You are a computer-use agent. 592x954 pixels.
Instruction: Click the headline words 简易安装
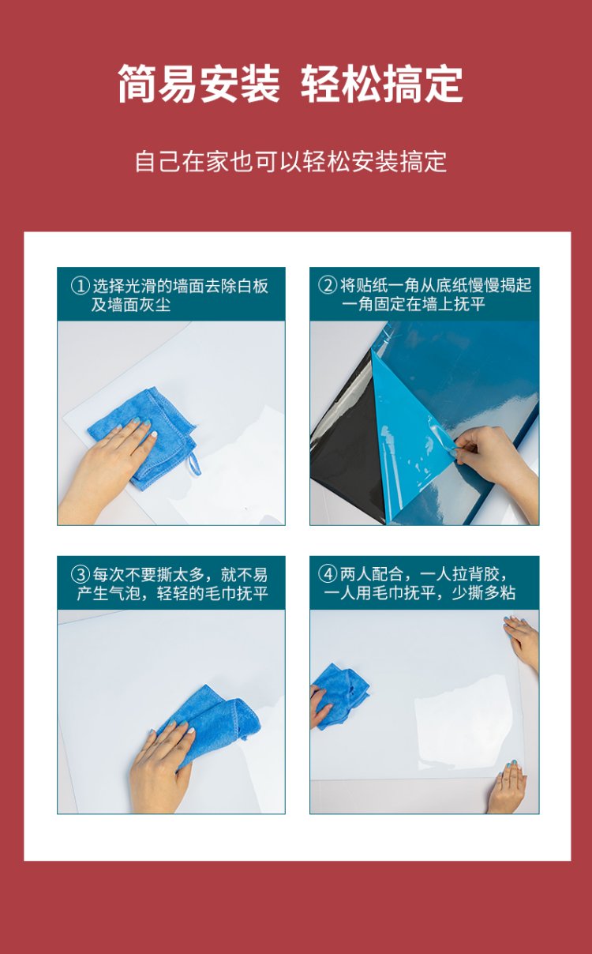[x=198, y=84]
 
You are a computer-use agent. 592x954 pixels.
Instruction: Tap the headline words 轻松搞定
[x=382, y=84]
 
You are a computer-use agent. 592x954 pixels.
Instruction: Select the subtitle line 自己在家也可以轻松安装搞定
[x=291, y=162]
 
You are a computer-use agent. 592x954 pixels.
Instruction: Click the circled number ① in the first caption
[x=80, y=286]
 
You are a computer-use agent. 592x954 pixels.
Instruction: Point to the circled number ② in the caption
[x=328, y=285]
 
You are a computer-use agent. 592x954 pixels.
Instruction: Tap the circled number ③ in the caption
[x=80, y=574]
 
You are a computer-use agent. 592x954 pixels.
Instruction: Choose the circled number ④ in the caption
[x=328, y=574]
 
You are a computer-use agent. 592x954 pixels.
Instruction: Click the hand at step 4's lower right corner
[x=508, y=788]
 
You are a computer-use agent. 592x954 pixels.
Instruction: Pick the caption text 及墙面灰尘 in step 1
[x=131, y=305]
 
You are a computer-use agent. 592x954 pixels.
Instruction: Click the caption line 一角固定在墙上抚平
[x=414, y=304]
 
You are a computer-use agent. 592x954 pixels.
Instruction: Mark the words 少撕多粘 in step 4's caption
[x=484, y=593]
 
